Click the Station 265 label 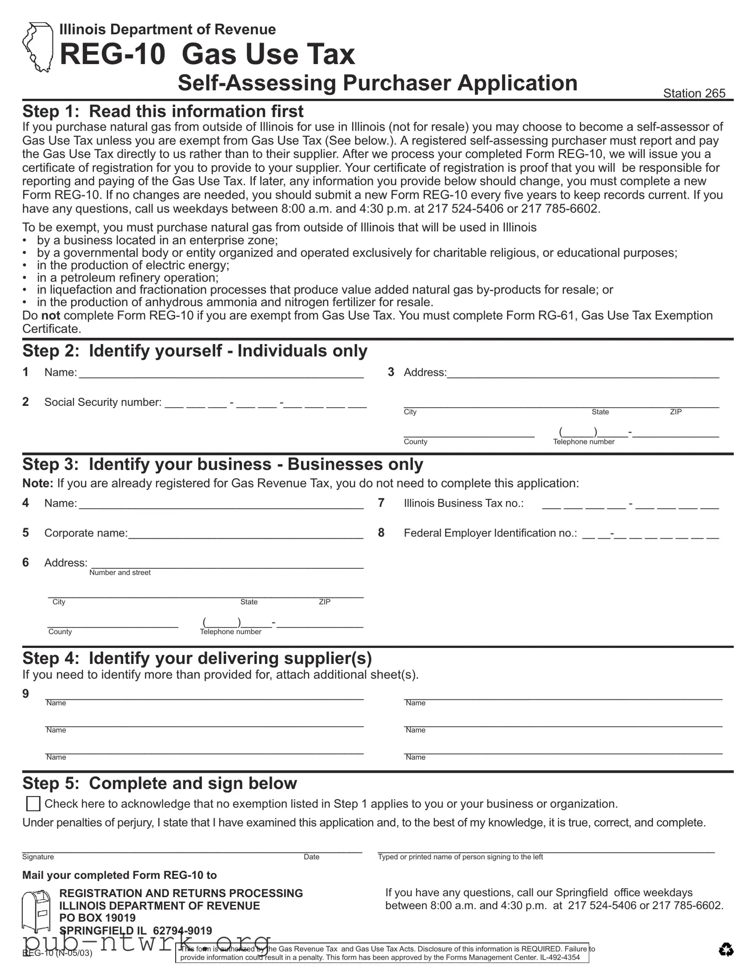694,93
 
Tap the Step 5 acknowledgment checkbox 33,804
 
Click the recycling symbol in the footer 726,949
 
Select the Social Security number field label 102,402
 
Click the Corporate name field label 85,533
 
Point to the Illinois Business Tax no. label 464,503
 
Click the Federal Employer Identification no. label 490,533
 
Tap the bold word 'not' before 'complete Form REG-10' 51,315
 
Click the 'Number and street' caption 119,573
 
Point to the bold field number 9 26,694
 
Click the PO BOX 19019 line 97,918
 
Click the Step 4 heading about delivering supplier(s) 197,658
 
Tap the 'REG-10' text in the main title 112,54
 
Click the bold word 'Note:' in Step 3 38,483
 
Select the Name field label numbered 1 60,373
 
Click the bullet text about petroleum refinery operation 128,277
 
